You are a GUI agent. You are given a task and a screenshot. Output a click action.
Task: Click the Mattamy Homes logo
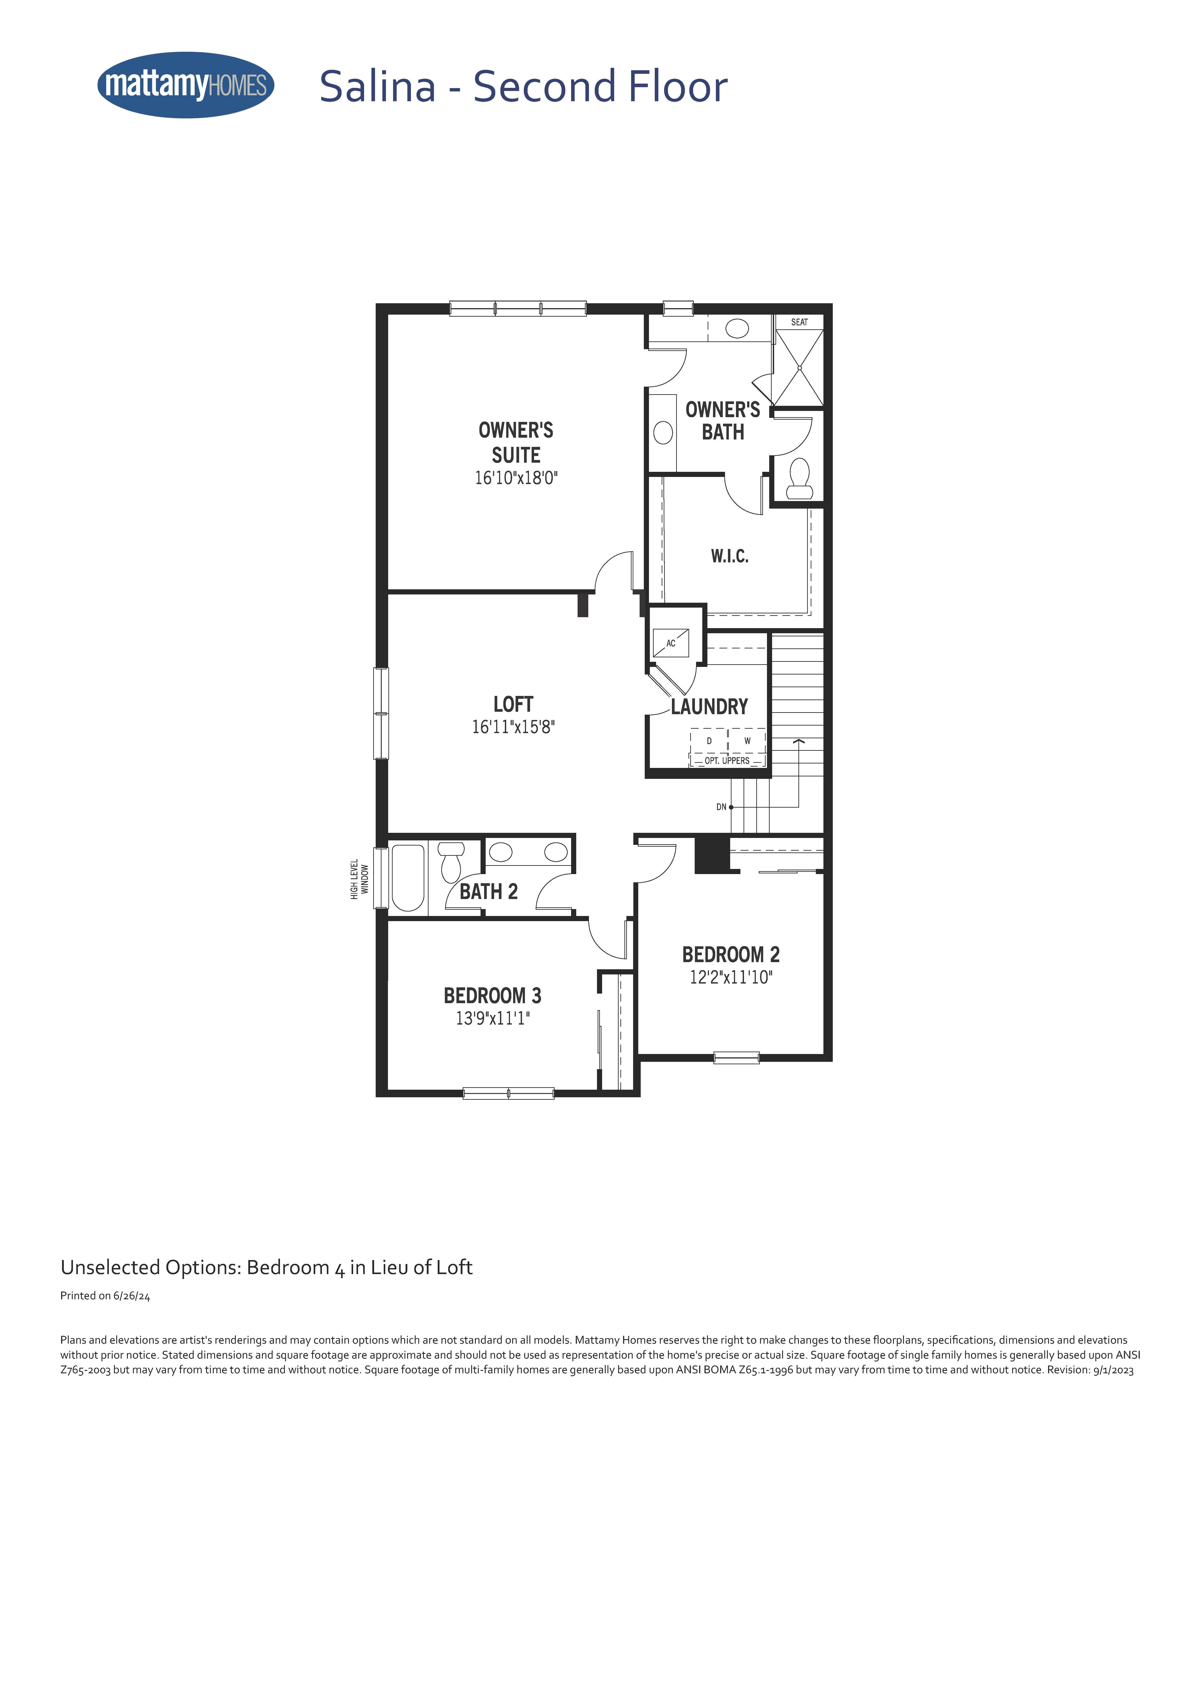pos(186,85)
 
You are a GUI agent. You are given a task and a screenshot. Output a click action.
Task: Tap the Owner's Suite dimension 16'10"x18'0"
pos(516,478)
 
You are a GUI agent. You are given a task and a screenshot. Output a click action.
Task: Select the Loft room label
pos(514,704)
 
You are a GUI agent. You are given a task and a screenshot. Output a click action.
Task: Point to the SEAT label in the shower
pos(799,322)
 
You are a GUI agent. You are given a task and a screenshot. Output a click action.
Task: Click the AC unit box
pos(670,643)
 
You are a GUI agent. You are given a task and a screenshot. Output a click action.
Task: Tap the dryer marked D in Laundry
pos(709,741)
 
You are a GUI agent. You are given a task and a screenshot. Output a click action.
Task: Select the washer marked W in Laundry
pos(747,741)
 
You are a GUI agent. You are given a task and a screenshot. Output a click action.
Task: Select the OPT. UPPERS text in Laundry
pos(727,760)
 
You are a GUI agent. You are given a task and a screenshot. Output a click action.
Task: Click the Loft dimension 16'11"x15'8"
pos(514,727)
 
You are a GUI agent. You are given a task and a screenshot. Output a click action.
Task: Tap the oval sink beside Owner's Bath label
pos(662,432)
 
